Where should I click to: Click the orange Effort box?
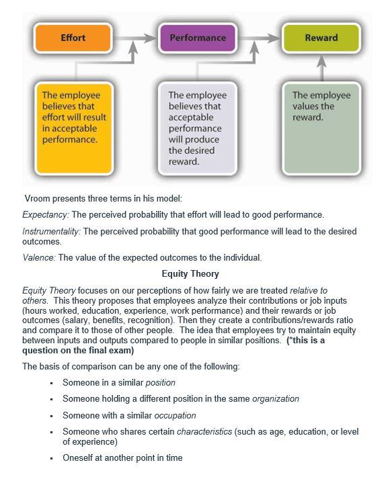tap(73, 38)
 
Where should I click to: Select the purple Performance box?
tap(197, 38)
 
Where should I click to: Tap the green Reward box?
tap(321, 38)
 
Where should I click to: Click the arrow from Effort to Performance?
tap(133, 38)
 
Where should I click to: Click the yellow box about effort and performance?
tap(74, 126)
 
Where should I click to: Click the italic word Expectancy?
tap(45, 215)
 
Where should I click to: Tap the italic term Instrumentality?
tap(50, 231)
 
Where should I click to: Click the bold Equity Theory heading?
tap(190, 274)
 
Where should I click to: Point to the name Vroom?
tap(38, 199)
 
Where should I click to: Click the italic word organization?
tap(275, 399)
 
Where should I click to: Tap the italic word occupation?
tap(176, 415)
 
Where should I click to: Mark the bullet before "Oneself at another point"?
tap(51, 458)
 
